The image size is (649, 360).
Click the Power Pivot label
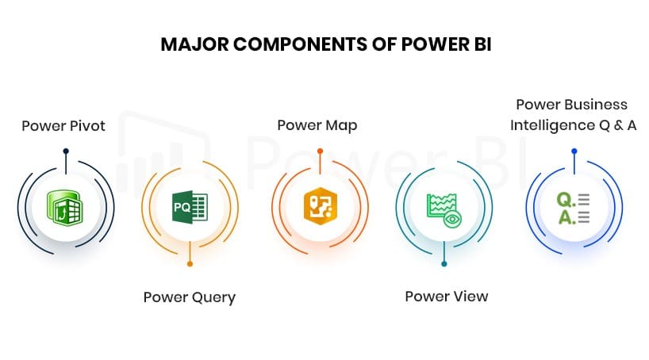coord(63,125)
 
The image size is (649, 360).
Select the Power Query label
coord(190,297)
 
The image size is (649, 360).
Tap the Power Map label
coord(317,125)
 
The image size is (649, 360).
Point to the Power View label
coord(446,297)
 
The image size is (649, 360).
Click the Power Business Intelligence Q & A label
coord(573,115)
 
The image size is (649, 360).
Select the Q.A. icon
coord(572,207)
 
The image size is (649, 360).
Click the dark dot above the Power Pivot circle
coord(66,151)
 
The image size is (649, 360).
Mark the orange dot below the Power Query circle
coord(190,263)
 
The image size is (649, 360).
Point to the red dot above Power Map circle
coord(319,151)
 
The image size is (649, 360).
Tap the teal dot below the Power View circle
coord(444,263)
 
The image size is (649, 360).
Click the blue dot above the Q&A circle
coord(574,151)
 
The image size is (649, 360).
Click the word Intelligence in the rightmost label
coord(548,125)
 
